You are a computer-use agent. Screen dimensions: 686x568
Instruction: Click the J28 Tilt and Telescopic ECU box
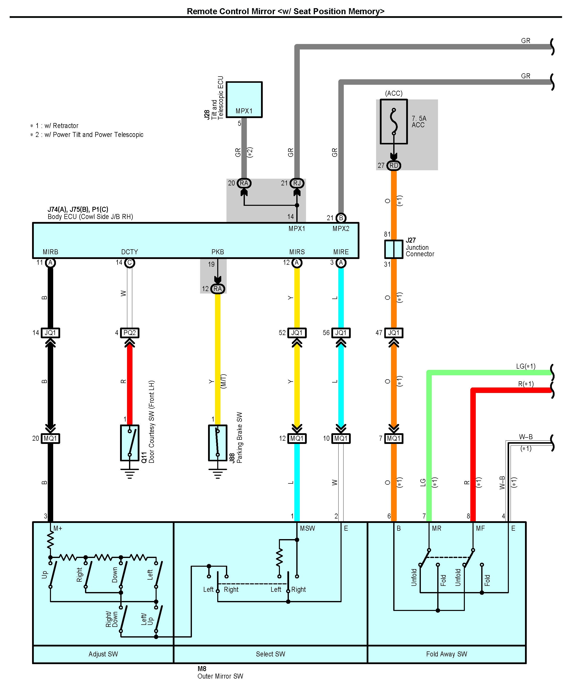pos(244,99)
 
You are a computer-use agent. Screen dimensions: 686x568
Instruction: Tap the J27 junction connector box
pos(393,249)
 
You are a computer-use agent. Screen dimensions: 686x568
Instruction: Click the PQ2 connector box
pos(130,333)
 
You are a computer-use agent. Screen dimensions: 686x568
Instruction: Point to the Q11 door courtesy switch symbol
pos(130,443)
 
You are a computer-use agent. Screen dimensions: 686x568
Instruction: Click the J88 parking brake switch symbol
pos(218,443)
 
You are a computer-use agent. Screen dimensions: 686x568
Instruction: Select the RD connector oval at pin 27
pos(394,166)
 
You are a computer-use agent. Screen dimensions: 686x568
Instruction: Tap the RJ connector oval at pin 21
pos(297,183)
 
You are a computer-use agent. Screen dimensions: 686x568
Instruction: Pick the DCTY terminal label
pos(130,252)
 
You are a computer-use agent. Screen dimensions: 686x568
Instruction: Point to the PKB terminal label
pos(218,252)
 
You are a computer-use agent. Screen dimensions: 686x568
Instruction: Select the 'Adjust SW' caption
pos(103,654)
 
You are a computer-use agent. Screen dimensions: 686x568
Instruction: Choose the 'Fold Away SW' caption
pos(446,654)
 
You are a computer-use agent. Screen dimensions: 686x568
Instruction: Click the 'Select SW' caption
pos(270,654)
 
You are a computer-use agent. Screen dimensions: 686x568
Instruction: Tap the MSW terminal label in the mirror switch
pos(307,528)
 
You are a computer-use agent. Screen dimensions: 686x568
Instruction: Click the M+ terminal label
pos(58,528)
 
